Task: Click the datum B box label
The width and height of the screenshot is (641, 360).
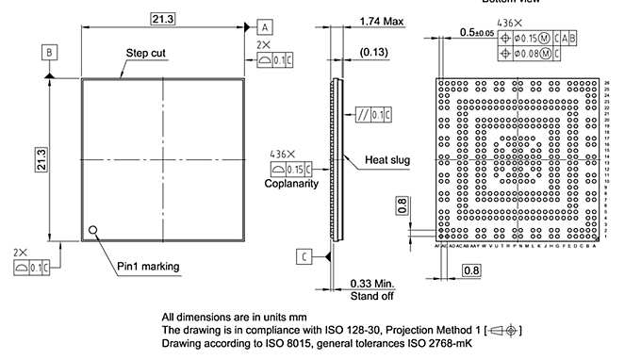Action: point(49,53)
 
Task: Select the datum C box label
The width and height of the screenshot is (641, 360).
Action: point(304,256)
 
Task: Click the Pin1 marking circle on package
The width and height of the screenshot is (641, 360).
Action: point(93,230)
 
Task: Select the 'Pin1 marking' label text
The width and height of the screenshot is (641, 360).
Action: point(148,267)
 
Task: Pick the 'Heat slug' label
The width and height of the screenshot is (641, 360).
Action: point(387,160)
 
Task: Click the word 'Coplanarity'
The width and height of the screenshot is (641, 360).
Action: point(291,184)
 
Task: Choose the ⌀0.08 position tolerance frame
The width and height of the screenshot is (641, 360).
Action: point(530,54)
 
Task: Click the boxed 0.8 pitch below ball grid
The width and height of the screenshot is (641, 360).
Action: point(471,271)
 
